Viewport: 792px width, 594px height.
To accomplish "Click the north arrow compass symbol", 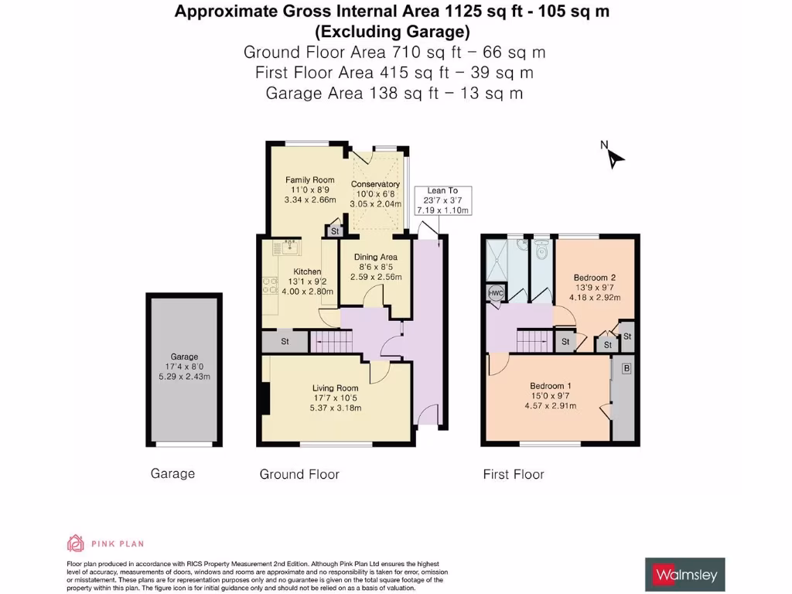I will coord(614,157).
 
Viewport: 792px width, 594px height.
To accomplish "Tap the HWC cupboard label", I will coord(496,293).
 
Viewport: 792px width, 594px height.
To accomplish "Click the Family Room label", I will coord(309,180).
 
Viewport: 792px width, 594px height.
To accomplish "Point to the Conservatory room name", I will coord(375,184).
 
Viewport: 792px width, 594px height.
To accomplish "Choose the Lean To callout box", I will coord(442,200).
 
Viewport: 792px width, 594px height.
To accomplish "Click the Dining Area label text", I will coord(375,257).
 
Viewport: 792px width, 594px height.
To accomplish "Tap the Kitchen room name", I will coord(307,271).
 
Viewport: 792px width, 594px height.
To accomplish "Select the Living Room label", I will coord(335,388).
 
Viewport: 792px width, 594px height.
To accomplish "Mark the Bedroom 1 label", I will coord(551,386).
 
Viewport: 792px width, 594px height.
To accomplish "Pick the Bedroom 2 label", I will coord(594,277).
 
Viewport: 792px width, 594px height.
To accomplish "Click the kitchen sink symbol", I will coord(290,247).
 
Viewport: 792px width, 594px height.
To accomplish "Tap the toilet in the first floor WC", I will coord(541,248).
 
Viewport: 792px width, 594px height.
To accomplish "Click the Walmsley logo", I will coord(685,575).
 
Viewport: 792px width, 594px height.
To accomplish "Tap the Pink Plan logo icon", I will coord(76,543).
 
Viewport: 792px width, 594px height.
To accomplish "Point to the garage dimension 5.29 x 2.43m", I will coord(184,377).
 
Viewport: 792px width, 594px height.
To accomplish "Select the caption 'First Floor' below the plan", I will coord(514,474).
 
